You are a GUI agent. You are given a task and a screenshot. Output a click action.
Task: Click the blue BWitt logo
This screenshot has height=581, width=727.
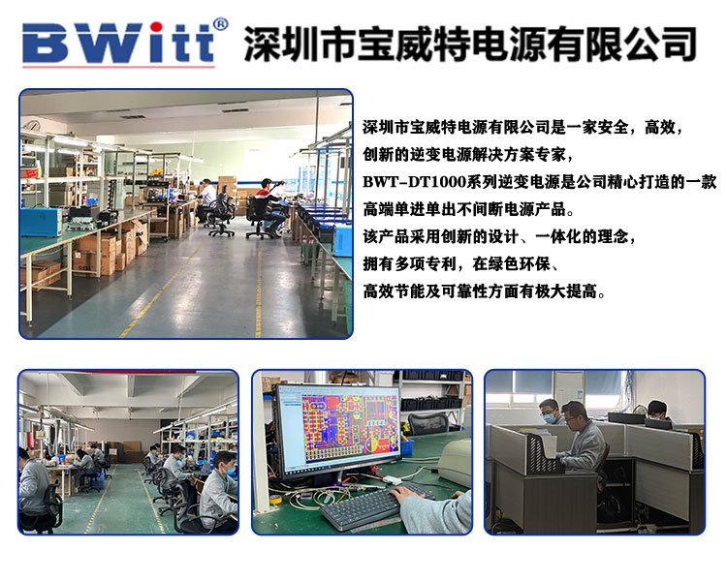click(118, 43)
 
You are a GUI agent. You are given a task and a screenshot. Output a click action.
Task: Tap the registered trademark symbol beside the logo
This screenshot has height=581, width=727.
click(221, 24)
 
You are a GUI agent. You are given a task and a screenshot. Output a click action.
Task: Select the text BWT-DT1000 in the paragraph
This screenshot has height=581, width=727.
click(414, 182)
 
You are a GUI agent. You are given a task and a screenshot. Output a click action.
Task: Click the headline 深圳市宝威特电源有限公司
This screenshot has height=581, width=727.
click(470, 43)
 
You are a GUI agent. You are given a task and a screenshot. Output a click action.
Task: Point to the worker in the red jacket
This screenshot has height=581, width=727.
click(269, 204)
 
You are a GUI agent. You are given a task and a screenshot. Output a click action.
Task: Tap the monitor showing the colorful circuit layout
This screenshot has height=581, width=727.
click(337, 431)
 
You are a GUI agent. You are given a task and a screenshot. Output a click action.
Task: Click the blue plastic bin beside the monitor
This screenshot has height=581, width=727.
click(407, 447)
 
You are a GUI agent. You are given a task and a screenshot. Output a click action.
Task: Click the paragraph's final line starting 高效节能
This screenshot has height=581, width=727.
click(484, 291)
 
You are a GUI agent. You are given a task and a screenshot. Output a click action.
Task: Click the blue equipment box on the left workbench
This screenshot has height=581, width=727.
click(42, 222)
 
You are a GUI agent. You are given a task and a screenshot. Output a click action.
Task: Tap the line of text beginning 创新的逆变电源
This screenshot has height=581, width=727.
click(467, 154)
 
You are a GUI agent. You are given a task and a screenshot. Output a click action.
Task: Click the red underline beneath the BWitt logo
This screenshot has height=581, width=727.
click(118, 66)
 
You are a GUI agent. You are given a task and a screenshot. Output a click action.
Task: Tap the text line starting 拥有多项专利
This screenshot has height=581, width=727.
click(461, 264)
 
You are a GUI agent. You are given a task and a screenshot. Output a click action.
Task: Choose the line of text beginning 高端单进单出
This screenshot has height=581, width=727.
click(469, 209)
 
